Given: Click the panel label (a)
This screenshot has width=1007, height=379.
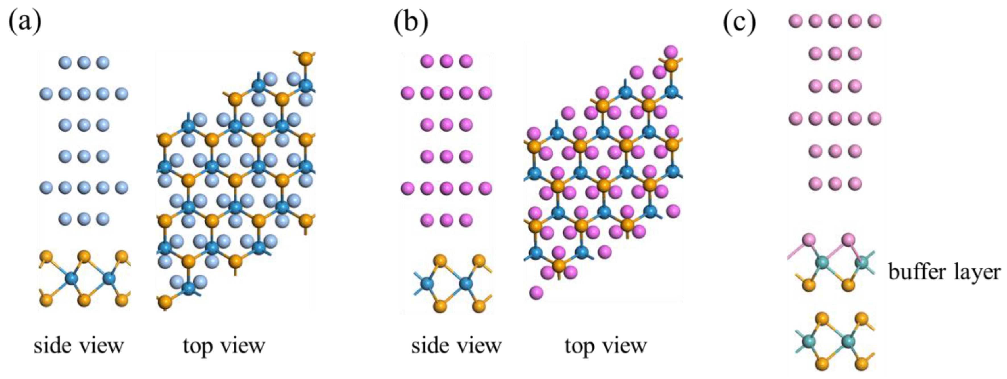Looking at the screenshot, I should point(25,23).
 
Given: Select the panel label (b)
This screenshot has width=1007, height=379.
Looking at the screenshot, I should point(411,23).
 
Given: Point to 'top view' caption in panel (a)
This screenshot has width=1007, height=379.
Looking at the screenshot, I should point(224,346).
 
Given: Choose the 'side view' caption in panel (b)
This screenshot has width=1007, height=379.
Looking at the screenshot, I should point(456,346).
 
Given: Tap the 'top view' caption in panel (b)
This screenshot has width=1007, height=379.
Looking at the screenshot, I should point(606,346).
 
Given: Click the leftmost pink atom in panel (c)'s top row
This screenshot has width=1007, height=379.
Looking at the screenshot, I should point(796,21).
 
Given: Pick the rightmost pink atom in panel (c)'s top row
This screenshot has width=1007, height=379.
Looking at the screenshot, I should point(875,21).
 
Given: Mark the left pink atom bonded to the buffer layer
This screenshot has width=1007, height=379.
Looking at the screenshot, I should point(808,240).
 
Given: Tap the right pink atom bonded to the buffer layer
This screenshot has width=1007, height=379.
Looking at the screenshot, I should point(848,240).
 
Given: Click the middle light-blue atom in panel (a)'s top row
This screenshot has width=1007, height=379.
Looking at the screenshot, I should point(84,62).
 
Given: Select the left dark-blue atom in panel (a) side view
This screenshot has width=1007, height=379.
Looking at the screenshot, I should point(71,279).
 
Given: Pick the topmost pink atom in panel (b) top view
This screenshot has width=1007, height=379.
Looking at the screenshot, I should point(671,52).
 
